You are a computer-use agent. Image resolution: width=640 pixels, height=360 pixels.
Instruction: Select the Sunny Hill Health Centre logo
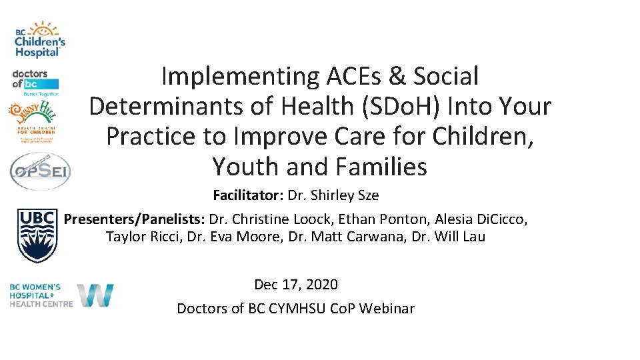[x=32, y=121]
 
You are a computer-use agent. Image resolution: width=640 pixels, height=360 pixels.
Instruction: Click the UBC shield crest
[x=37, y=235]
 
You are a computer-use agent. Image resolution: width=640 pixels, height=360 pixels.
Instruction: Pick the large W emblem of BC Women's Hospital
[x=95, y=295]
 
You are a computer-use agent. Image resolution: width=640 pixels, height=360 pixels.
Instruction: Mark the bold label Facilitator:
[x=248, y=196]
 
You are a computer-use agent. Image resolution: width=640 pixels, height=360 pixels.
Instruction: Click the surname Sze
[x=367, y=196]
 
